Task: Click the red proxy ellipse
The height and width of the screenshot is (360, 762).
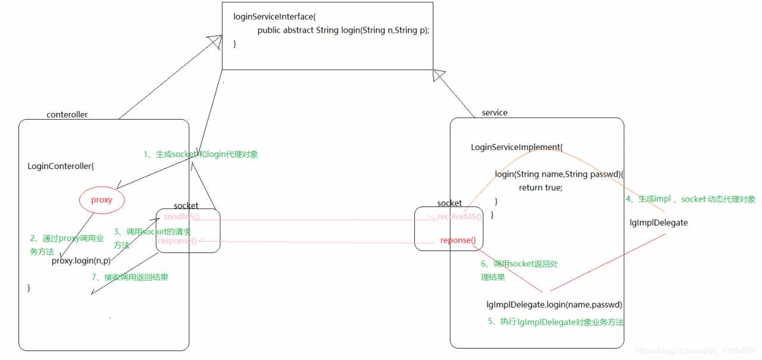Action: pos(102,200)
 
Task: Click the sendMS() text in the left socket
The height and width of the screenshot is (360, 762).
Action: pos(182,217)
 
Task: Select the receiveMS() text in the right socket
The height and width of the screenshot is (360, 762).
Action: pos(459,217)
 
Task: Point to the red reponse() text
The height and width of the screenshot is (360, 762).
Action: pos(458,240)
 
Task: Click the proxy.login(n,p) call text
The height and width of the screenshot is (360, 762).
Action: pos(82,261)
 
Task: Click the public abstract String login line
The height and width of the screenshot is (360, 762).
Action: pos(343,30)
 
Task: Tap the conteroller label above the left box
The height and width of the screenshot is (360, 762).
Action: pos(67,115)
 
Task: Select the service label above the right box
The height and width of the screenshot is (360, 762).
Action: pos(495,112)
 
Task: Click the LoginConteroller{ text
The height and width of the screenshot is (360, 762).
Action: pos(61,166)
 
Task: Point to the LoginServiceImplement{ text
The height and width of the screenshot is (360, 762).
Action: pos(516,147)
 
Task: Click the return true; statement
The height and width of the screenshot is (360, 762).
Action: pos(540,187)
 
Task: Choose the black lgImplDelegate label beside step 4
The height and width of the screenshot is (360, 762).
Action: pos(658,223)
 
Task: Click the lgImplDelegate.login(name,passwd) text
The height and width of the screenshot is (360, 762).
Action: pos(554,305)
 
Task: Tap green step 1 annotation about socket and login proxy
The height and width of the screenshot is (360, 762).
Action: pos(201,154)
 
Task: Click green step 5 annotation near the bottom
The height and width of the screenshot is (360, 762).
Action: pos(556,322)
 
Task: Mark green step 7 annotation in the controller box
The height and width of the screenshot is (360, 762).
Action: pos(130,277)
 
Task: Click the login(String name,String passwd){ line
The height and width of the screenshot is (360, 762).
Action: pos(559,174)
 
